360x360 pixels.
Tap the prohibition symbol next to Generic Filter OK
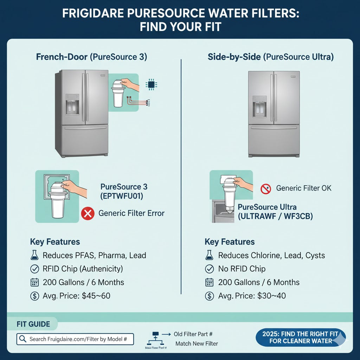(x=266, y=189)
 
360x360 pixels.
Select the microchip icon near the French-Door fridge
(x=151, y=84)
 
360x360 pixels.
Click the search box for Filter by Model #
(x=75, y=339)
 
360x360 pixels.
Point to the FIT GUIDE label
(x=33, y=324)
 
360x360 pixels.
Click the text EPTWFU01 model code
(x=122, y=196)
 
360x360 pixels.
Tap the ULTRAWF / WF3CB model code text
(x=275, y=216)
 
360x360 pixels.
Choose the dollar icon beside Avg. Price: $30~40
(x=209, y=296)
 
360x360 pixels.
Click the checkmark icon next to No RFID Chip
(x=209, y=269)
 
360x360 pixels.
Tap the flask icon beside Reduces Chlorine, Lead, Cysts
(x=209, y=255)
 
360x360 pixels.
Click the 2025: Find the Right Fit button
(x=301, y=337)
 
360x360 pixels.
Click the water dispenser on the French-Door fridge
(x=72, y=104)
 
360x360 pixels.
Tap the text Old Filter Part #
(x=193, y=334)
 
